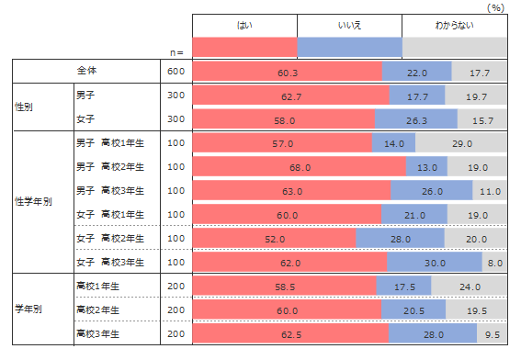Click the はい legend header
coord(244,25)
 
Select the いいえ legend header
coord(349,25)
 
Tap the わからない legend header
coord(455,25)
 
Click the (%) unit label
coord(496,7)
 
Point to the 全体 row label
coord(86,71)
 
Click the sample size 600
coord(176,71)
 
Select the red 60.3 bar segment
coord(288,71)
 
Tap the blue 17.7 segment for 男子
coord(417,95)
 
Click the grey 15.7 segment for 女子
coord(482,118)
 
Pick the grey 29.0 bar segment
coord(461,142)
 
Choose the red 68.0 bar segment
coord(300,167)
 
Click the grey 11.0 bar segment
coord(490,191)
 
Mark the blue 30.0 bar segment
coord(435,262)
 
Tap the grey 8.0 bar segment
coord(494,262)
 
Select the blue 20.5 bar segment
coord(413,309)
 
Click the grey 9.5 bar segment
coord(492,333)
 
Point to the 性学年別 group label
coord(33,202)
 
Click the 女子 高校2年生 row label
coord(110,239)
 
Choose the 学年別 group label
coord(28,309)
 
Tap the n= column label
coord(176,53)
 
